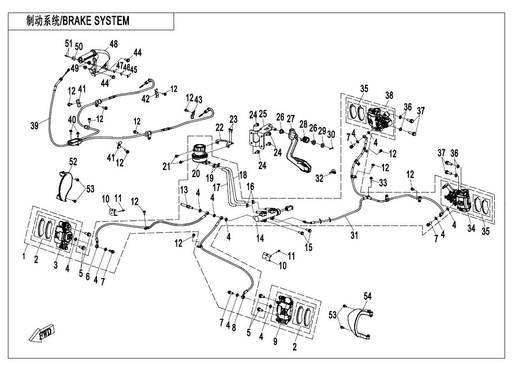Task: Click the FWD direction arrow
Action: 41,333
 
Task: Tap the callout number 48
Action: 114,44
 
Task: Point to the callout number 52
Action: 73,161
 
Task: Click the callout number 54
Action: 368,296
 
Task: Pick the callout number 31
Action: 354,236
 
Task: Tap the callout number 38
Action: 389,95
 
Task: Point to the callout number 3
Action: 56,265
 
